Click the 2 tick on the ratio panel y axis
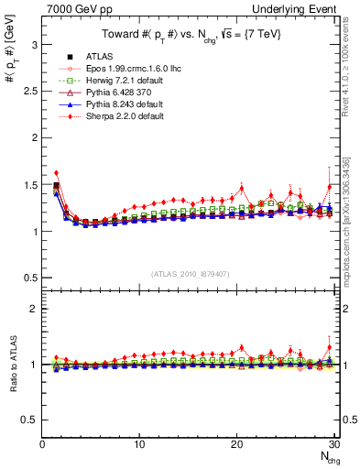tap(35, 309)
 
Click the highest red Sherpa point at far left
tap(56, 172)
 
